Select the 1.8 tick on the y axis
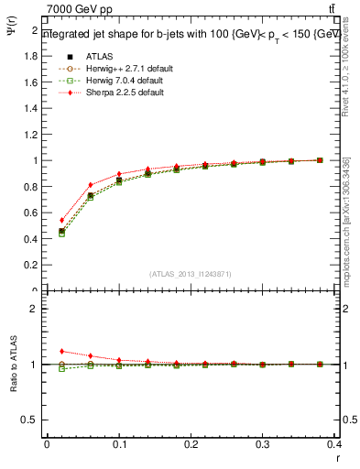point(31,56)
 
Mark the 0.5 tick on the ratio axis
point(31,420)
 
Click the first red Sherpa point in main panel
point(61,220)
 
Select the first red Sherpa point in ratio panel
point(61,351)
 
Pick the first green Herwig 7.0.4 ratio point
point(61,368)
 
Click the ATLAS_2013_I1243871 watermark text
point(191,274)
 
